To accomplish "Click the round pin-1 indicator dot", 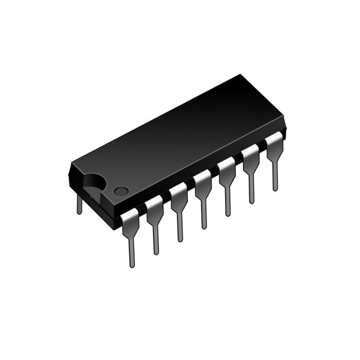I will (x=121, y=191).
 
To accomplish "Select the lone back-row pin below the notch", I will (x=80, y=205).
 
